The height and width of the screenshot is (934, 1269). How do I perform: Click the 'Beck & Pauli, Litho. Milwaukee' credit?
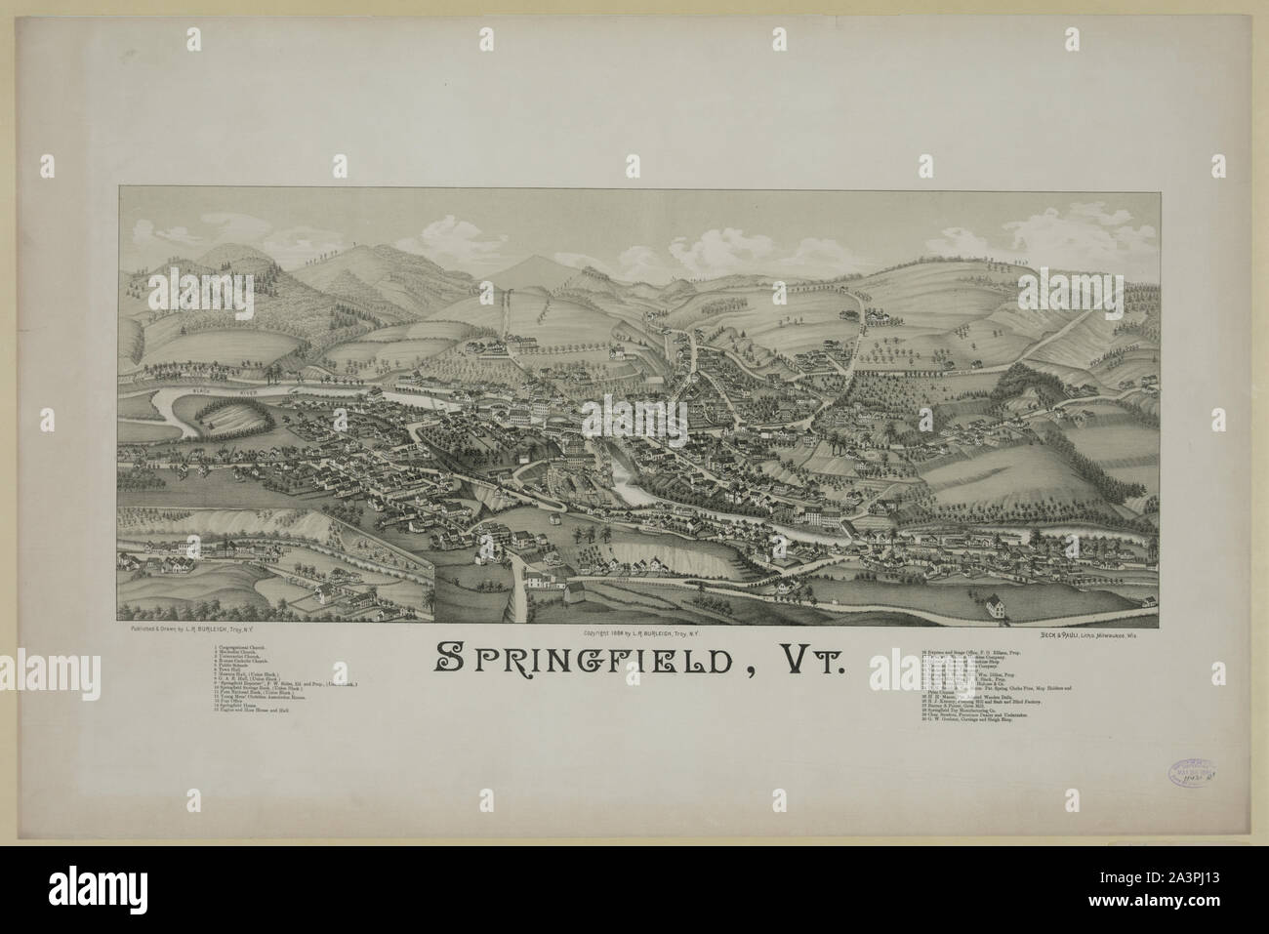[x=1073, y=634]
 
